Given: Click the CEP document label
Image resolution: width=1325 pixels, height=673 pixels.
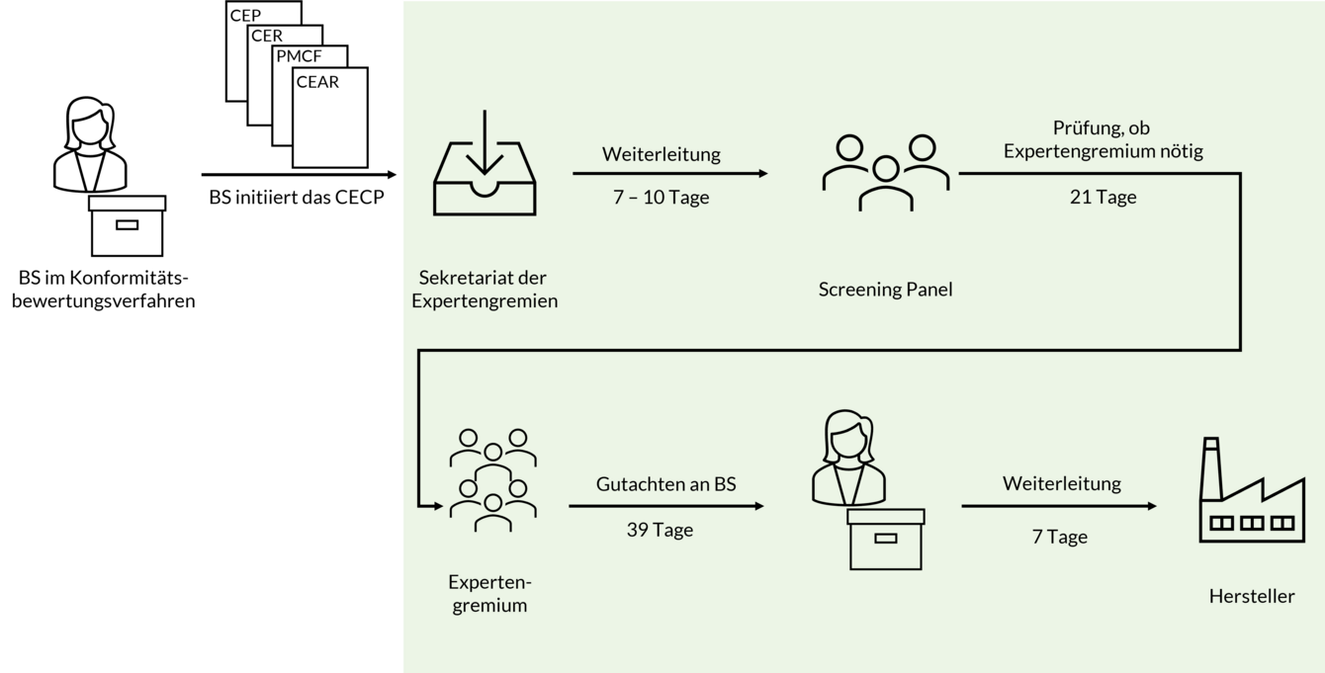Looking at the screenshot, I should click(x=245, y=16).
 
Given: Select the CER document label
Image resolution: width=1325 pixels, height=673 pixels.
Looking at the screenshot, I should click(x=267, y=36).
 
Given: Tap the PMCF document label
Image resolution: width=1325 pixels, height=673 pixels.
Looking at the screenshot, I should click(x=299, y=56).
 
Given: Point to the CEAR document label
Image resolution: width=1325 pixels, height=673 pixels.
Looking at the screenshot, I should click(x=317, y=82).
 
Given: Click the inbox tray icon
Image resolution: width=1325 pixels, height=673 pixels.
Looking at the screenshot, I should click(x=485, y=164).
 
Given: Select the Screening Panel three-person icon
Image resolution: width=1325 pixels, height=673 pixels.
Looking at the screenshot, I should click(x=885, y=172).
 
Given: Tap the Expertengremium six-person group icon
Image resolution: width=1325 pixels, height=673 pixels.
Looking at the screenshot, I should click(x=492, y=479).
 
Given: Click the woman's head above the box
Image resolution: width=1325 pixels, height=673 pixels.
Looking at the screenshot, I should click(x=848, y=438).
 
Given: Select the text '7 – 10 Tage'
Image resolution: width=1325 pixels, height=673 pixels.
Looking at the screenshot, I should click(x=661, y=197).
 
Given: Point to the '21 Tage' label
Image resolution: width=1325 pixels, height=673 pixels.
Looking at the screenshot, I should click(x=1103, y=197).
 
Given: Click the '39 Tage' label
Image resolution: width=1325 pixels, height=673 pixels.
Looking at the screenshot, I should click(x=660, y=530).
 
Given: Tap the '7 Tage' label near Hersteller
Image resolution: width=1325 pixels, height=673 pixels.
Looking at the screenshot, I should click(x=1059, y=537).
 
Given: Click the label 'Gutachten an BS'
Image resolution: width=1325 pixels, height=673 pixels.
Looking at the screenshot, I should click(x=665, y=484).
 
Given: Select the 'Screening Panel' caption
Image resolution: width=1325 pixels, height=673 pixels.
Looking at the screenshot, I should click(x=885, y=290).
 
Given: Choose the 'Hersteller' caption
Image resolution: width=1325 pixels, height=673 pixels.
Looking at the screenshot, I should click(x=1251, y=596).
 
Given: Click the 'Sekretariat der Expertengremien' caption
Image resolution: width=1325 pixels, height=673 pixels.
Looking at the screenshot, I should click(x=485, y=289).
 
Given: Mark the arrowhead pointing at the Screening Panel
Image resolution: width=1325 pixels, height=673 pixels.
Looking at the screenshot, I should click(x=762, y=174).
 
